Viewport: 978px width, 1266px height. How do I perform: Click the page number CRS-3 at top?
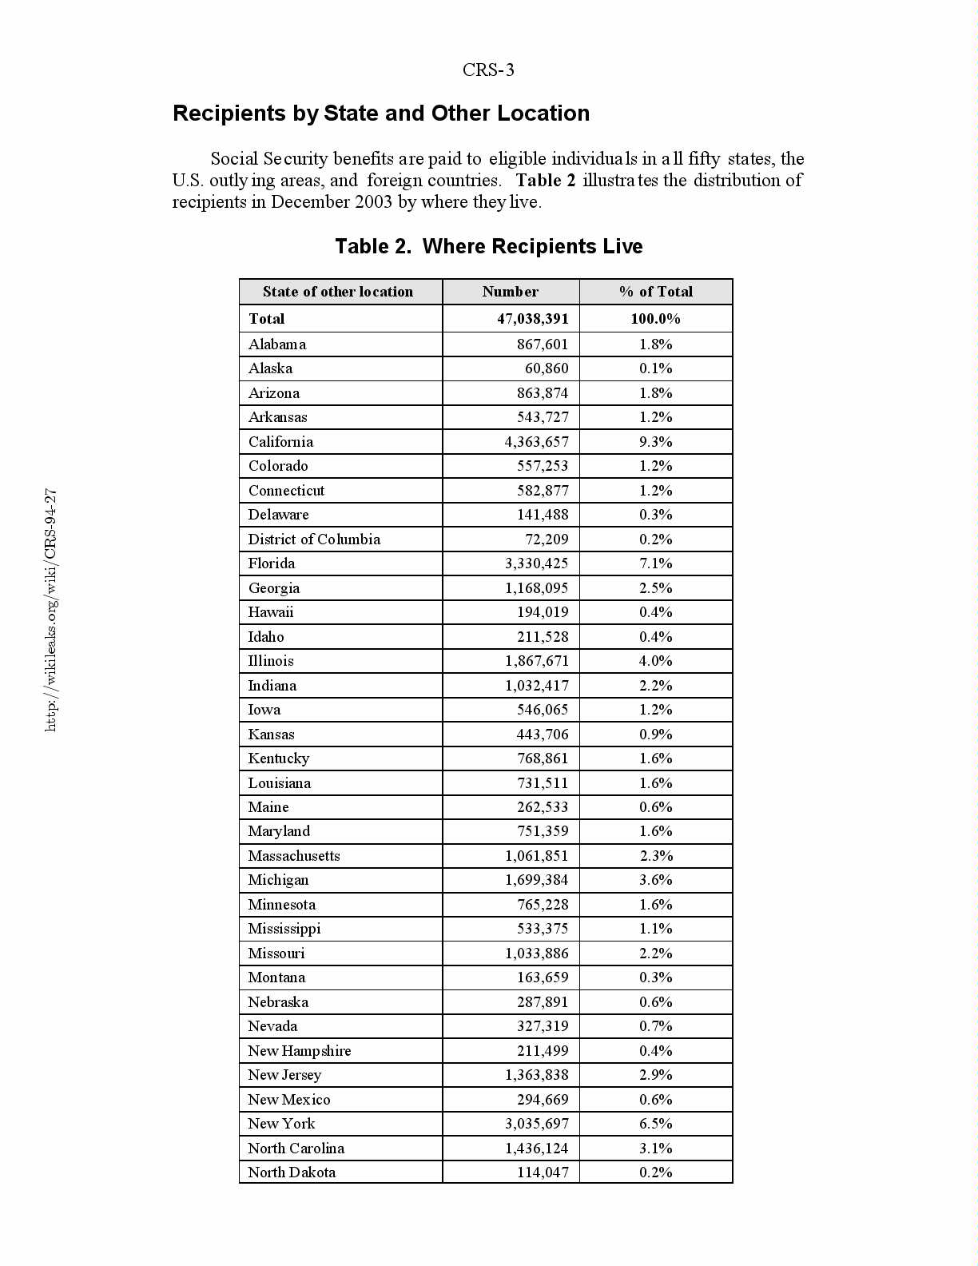point(488,70)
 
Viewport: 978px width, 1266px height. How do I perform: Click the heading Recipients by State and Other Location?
point(381,113)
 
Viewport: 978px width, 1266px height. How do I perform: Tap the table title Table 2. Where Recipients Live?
point(488,246)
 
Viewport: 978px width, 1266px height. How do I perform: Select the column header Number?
point(510,292)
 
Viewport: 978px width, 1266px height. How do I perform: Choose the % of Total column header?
point(655,292)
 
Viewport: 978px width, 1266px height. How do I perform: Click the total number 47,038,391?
point(532,319)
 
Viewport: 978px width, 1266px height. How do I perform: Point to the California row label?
point(280,442)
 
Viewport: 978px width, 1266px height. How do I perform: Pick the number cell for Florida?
point(536,563)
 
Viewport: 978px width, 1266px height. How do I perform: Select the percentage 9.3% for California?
point(655,442)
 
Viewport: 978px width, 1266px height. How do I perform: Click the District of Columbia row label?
point(314,539)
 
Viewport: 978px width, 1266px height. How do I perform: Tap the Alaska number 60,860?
point(547,368)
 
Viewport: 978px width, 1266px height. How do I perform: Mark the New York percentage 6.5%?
point(655,1124)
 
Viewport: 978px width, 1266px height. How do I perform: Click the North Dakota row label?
point(292,1172)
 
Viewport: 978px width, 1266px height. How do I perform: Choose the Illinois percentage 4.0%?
point(655,661)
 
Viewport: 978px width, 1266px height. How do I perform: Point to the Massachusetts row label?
point(293,856)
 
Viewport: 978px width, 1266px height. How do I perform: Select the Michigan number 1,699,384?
point(536,880)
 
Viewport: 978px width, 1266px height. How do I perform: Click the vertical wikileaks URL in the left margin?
point(50,610)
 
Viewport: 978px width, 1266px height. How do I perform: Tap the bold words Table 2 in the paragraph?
point(545,181)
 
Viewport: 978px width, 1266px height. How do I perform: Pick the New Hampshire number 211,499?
point(542,1051)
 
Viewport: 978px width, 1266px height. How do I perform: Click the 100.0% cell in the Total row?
point(655,319)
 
